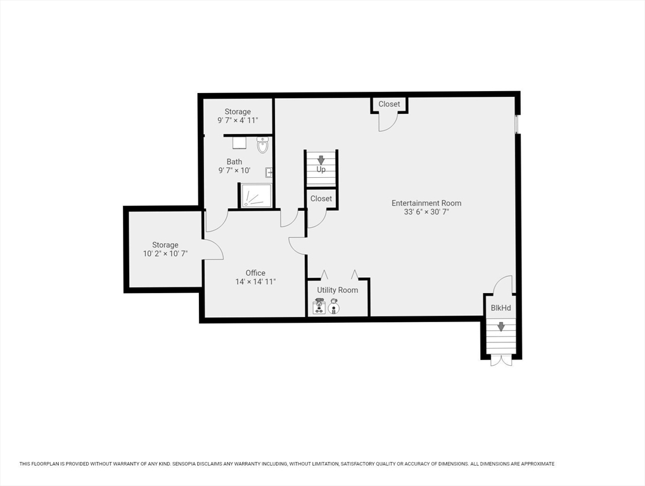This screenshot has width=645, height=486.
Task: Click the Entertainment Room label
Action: [426, 203]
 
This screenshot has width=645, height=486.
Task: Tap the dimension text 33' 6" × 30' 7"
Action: [426, 213]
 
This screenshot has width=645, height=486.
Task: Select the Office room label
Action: [255, 273]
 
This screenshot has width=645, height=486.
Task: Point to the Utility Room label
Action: [337, 290]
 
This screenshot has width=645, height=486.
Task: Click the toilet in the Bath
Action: [262, 146]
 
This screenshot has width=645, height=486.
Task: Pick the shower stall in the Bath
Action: [256, 196]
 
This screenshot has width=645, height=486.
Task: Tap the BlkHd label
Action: [501, 308]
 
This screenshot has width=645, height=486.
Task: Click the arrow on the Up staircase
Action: [321, 160]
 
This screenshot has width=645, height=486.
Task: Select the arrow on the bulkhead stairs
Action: [501, 327]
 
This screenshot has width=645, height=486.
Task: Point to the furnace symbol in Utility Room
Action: [319, 308]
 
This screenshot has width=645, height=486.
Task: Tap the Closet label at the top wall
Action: [389, 104]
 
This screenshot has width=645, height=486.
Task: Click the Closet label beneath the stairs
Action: [321, 198]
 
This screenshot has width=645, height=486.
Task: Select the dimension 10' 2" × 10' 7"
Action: [165, 254]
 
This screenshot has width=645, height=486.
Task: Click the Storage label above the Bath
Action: [238, 112]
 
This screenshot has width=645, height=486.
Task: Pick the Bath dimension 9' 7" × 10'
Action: [234, 171]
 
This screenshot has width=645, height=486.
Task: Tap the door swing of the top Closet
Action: [387, 122]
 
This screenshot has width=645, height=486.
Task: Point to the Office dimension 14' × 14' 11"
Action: [255, 282]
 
